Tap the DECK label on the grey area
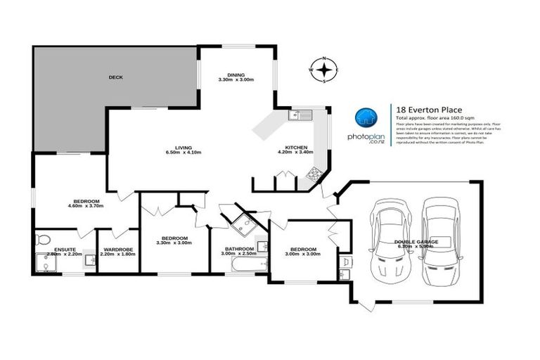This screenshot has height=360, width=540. click(115, 77)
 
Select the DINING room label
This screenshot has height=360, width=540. click(236, 74)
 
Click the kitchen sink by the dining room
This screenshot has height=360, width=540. click(300, 115)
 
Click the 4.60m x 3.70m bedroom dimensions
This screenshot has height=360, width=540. click(85, 205)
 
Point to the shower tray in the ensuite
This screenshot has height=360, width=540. click(45, 264)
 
